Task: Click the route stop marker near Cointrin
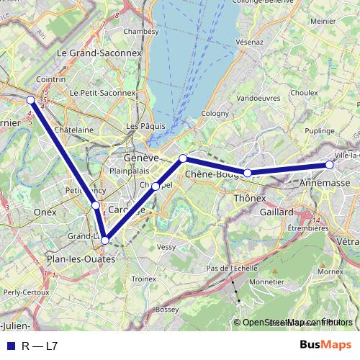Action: coord(30,100)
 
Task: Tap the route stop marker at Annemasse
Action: coord(330,165)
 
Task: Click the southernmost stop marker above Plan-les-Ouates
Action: coord(106,240)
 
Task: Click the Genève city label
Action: coord(141,158)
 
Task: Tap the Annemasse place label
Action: coord(320,184)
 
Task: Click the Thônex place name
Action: coord(251,197)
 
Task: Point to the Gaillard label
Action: coord(277,212)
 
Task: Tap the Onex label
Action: coord(45,212)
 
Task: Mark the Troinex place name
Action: coord(144,278)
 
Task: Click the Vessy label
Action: coord(166,246)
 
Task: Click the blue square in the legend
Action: coord(10,346)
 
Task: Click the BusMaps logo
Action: coord(325,346)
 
